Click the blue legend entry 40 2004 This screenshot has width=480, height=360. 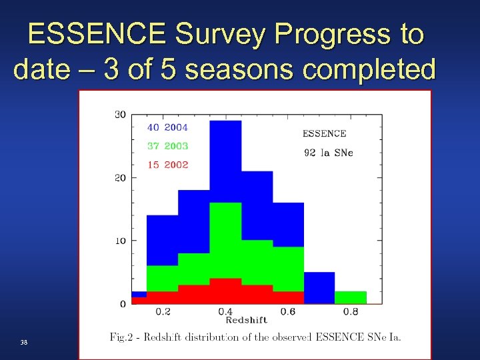[x=167, y=127]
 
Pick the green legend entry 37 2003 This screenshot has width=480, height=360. [x=167, y=146]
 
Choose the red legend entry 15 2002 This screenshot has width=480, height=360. [x=167, y=165]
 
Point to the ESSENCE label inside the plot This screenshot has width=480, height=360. [x=325, y=133]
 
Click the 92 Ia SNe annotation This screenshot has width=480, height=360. [x=328, y=153]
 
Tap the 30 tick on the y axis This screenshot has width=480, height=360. [x=120, y=115]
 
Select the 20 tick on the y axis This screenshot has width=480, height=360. [x=120, y=178]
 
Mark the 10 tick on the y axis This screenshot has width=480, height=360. [x=120, y=241]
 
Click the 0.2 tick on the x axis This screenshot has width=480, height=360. [x=163, y=311]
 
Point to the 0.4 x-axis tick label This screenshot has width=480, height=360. [x=225, y=311]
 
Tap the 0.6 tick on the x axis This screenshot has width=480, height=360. [x=288, y=311]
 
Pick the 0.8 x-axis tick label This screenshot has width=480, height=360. [x=351, y=311]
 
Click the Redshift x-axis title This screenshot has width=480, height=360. [x=246, y=321]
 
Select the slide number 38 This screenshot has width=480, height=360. [x=24, y=342]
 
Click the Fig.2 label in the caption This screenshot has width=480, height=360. [x=123, y=338]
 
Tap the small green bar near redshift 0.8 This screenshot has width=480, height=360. [x=350, y=297]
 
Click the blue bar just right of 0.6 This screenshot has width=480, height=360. [x=319, y=287]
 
